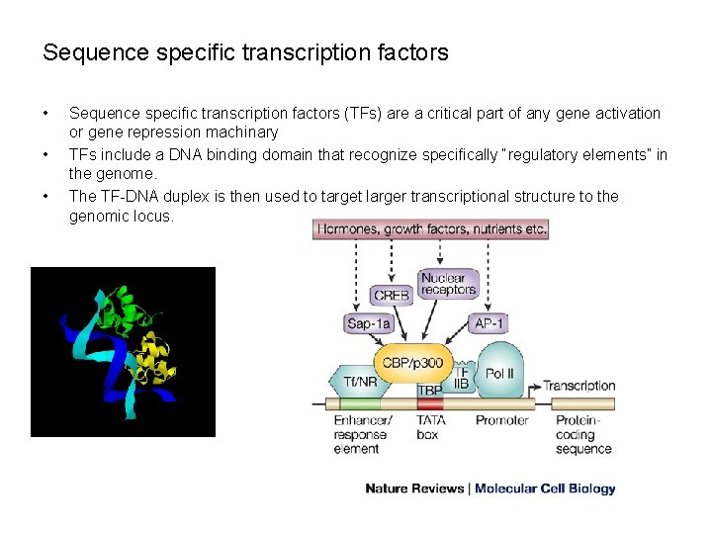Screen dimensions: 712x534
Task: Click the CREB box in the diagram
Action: point(392,295)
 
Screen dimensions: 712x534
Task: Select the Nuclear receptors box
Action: point(448,284)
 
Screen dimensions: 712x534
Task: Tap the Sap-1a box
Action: point(369,323)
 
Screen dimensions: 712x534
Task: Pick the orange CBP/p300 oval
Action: point(412,363)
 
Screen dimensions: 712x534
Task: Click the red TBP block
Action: point(429,390)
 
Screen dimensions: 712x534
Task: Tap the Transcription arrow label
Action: point(579,385)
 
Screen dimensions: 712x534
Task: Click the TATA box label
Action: point(431,426)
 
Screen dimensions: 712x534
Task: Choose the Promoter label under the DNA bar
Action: point(501,420)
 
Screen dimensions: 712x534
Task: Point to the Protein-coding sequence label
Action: point(583,433)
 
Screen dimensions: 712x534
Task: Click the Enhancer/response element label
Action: point(362,434)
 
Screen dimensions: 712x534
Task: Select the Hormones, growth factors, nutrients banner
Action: point(431,229)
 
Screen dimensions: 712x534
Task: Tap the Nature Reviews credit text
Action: point(414,489)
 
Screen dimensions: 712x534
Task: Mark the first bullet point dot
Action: point(46,114)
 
